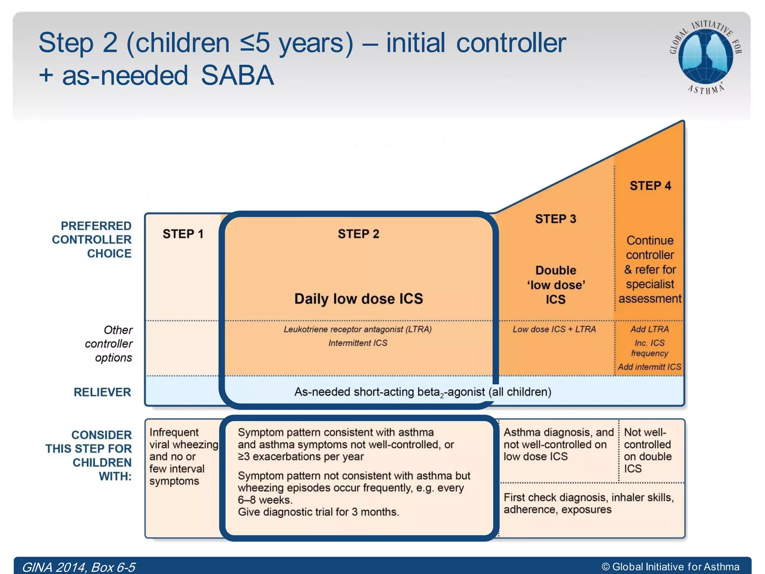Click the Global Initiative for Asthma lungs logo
705,56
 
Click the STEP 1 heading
183,234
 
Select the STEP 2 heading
358,234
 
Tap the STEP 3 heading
555,219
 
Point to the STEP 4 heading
650,186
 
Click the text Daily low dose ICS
358,299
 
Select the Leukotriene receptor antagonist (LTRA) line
357,329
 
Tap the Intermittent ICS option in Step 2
357,343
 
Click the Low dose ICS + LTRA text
554,329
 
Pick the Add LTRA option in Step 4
650,329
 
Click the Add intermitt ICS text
649,367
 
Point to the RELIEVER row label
102,392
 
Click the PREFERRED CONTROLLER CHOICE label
92,240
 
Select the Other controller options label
109,344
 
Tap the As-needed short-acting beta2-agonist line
422,392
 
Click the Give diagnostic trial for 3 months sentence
318,512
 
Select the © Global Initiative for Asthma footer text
670,567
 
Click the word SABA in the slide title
237,75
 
